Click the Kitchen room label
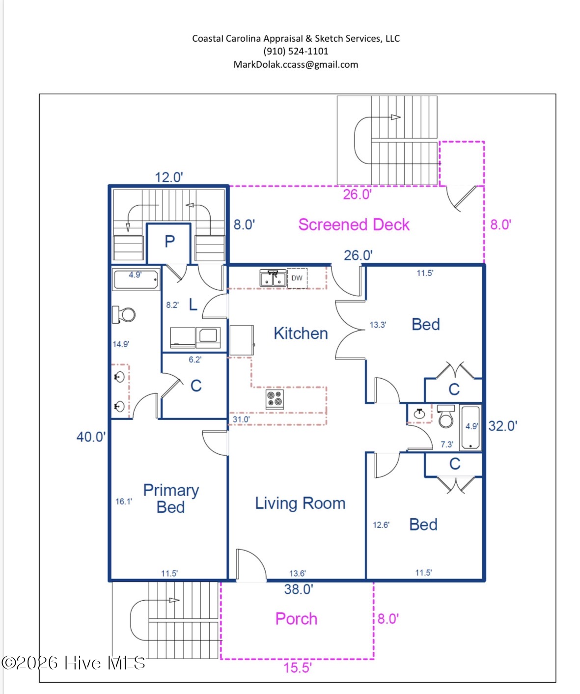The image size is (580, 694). coord(301,333)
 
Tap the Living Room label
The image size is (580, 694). coord(300,503)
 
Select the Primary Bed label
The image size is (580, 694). coord(171,499)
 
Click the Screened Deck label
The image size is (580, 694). coord(354,224)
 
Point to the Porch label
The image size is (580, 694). coord(296,619)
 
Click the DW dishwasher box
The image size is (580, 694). coord(297,278)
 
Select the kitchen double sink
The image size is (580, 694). coord(273,278)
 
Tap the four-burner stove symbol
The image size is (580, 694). coord(275,399)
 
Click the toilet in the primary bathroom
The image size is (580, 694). coord(124,314)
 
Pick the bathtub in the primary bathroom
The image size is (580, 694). coord(136,279)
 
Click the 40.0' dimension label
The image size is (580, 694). coord(91,437)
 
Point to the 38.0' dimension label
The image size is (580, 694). coord(299,589)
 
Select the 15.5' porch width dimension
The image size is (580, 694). coord(298,668)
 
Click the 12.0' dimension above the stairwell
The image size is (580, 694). coord(169,177)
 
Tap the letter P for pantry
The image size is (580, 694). coord(169,241)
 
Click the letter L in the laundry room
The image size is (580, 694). coord(193,305)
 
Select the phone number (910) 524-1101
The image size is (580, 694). coord(296,51)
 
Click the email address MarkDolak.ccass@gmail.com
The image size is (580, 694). coord(296,64)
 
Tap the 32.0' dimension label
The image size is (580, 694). coord(502,426)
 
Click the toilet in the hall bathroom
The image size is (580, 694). coord(446,416)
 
